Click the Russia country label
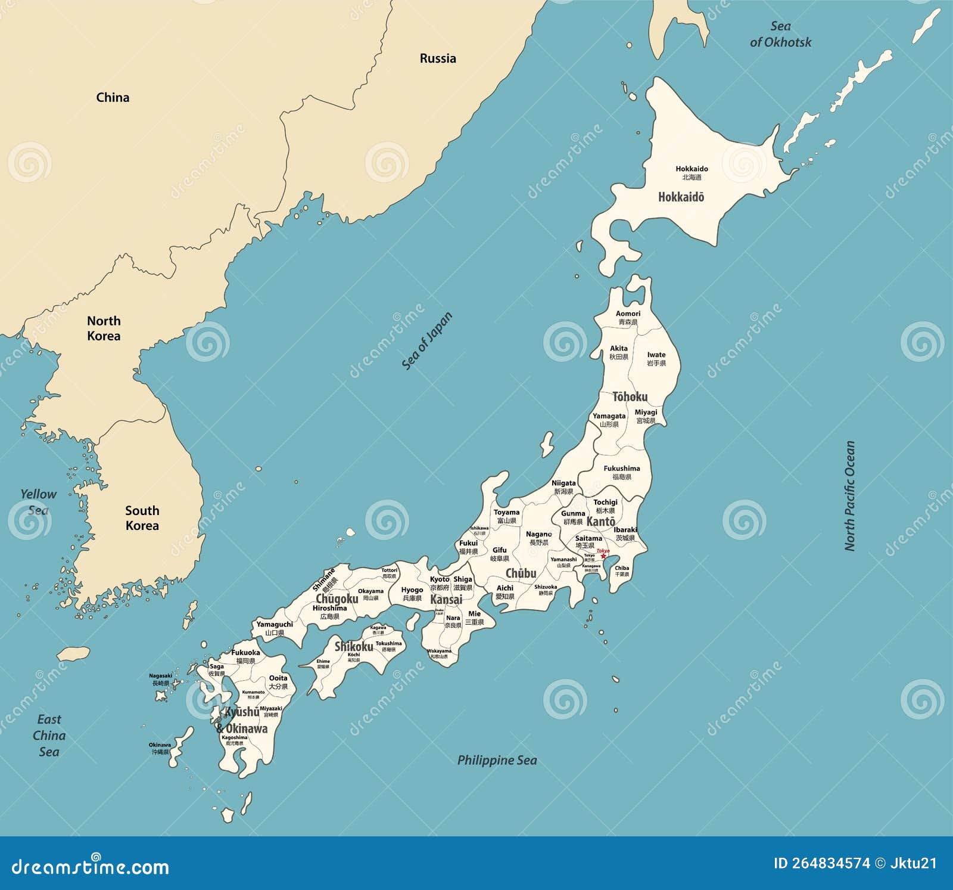438,58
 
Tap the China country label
113,97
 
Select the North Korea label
104,328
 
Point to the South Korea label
142,518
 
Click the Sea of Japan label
427,341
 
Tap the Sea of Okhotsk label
780,35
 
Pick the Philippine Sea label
497,760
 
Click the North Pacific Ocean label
850,495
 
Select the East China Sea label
49,736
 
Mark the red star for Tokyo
603,556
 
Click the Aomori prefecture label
628,314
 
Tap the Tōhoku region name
630,397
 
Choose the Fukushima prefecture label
622,469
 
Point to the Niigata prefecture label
563,483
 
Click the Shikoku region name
354,647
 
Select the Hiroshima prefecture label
329,609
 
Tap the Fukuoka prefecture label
245,653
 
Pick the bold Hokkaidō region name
681,197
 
